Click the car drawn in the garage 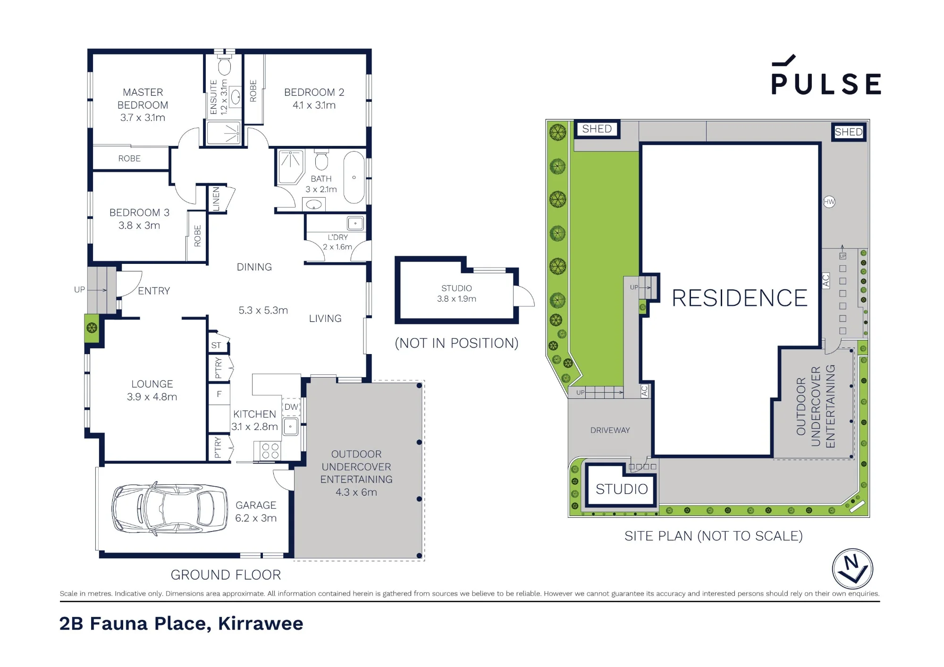[x=169, y=509]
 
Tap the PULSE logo [x=826, y=76]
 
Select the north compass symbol [x=852, y=569]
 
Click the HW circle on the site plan [x=829, y=202]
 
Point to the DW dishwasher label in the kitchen [x=291, y=407]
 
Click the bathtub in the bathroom [x=354, y=177]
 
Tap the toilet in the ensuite [x=225, y=66]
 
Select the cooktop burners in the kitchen [x=270, y=451]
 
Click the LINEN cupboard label [x=216, y=199]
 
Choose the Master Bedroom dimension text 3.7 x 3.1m [x=143, y=118]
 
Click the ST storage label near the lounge [x=216, y=346]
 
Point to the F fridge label [x=219, y=394]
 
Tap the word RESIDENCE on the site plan [x=740, y=298]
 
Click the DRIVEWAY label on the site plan [x=610, y=430]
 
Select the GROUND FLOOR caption [x=226, y=575]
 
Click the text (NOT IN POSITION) [x=456, y=343]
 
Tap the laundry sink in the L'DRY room [x=355, y=223]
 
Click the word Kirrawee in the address [x=261, y=624]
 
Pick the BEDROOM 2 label [x=314, y=93]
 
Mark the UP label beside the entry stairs [x=79, y=290]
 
